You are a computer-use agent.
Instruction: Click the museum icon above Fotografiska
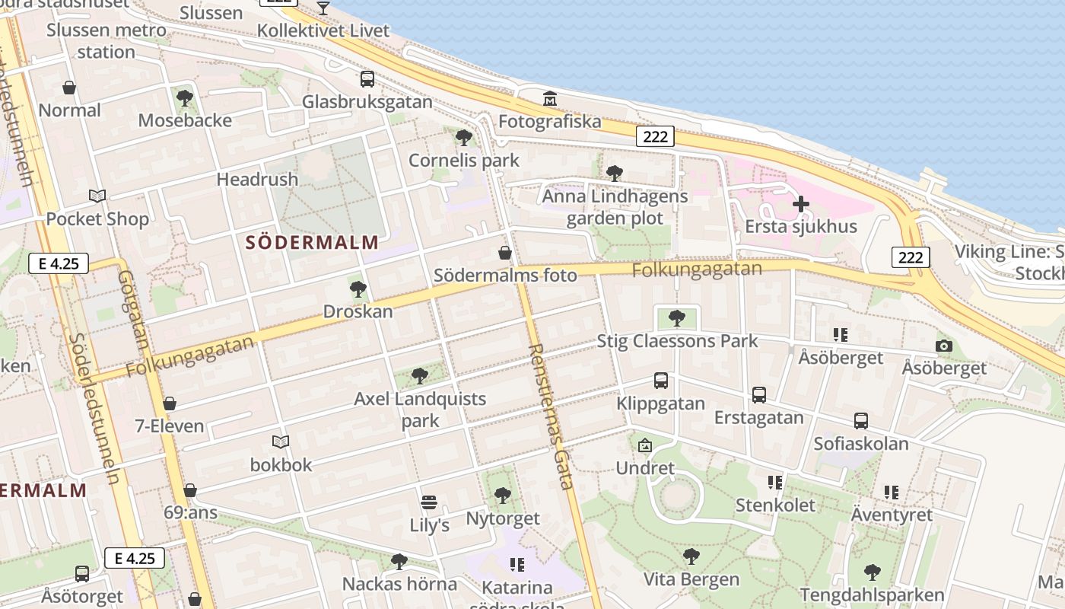pyautogui.click(x=549, y=99)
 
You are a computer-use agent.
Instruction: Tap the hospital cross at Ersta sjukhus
pyautogui.click(x=800, y=204)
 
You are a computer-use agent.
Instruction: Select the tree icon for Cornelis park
pyautogui.click(x=463, y=138)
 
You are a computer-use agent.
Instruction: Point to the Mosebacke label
pyautogui.click(x=185, y=120)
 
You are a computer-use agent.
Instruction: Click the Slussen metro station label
pyautogui.click(x=106, y=41)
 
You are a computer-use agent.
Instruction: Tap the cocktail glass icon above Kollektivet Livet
pyautogui.click(x=323, y=8)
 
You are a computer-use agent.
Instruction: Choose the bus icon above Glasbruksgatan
pyautogui.click(x=367, y=79)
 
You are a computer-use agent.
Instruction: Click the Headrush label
pyautogui.click(x=257, y=180)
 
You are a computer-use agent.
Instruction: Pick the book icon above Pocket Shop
pyautogui.click(x=97, y=196)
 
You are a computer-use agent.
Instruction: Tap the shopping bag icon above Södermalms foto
pyautogui.click(x=504, y=253)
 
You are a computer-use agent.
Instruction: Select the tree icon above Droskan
pyautogui.click(x=358, y=289)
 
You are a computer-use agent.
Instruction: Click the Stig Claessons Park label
pyautogui.click(x=677, y=340)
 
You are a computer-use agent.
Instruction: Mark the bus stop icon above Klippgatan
pyautogui.click(x=661, y=381)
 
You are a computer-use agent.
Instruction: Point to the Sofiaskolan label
pyautogui.click(x=861, y=443)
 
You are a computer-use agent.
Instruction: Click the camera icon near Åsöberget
pyautogui.click(x=944, y=346)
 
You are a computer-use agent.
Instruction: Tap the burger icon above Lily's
pyautogui.click(x=429, y=502)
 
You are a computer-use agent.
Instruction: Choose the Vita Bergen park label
pyautogui.click(x=691, y=579)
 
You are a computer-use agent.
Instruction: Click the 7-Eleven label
pyautogui.click(x=170, y=426)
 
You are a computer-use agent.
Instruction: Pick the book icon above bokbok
pyautogui.click(x=281, y=442)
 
